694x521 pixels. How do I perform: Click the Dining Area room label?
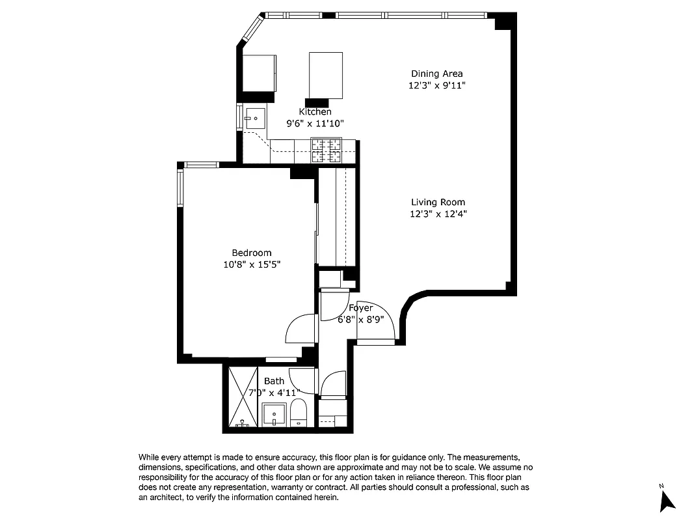(436, 74)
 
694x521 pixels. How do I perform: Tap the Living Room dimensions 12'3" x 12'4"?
(438, 214)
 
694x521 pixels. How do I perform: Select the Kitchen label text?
(315, 111)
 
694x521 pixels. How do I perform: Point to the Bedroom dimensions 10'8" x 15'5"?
(252, 264)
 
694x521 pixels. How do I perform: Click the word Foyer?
(360, 308)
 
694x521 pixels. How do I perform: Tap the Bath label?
(274, 381)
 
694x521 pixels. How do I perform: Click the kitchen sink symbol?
(254, 119)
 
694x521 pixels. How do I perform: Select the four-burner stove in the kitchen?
(327, 151)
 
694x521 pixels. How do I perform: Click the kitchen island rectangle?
(325, 75)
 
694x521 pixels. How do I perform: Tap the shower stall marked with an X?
(243, 396)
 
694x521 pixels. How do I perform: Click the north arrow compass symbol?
(667, 500)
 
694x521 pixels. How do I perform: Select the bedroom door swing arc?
(300, 329)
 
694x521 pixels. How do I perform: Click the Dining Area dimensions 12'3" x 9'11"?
(436, 85)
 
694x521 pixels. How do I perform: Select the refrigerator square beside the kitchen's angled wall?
(259, 73)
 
